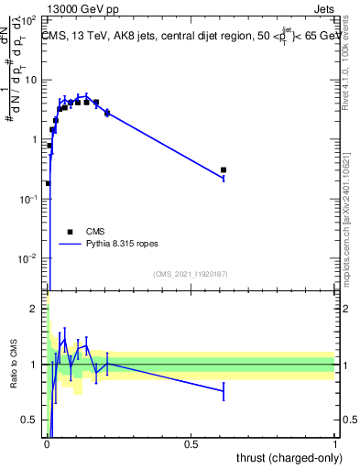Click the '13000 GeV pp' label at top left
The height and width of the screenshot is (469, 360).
coord(80,8)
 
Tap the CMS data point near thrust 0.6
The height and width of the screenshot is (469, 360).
coord(224,170)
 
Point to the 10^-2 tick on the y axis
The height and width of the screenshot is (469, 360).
coord(32,258)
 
